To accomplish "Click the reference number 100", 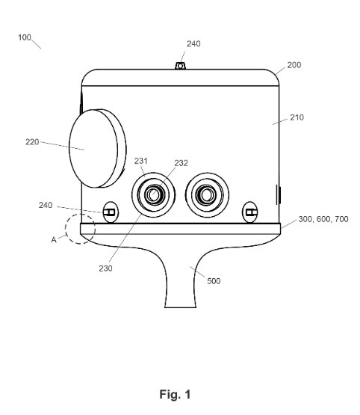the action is click(x=25, y=37).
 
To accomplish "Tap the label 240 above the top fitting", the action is click(x=193, y=43).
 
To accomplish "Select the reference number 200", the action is click(x=294, y=65).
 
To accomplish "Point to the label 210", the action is click(x=297, y=117).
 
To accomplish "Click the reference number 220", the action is click(x=32, y=142).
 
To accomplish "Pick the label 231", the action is click(x=141, y=161).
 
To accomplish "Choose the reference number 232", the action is click(x=181, y=163).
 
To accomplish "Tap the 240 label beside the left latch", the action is click(x=46, y=205).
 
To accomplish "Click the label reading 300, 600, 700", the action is click(x=323, y=219).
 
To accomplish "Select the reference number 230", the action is click(x=105, y=268).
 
